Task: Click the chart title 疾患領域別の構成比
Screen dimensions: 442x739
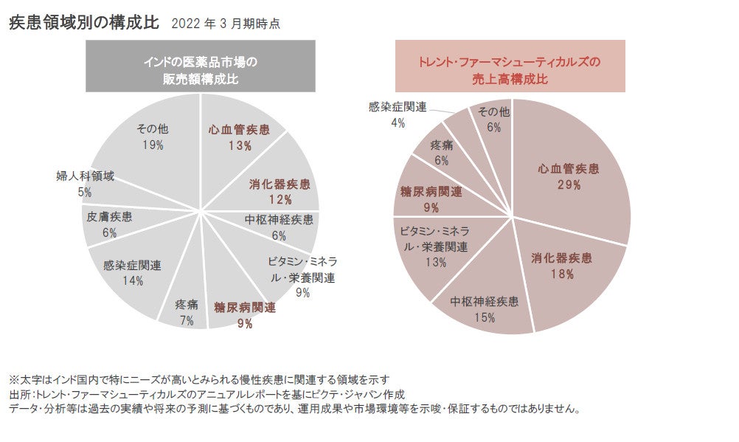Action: pos(83,22)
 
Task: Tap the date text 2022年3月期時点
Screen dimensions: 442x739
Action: pos(225,24)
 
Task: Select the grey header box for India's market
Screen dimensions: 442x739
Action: pos(201,66)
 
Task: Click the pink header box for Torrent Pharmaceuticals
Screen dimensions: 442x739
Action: pos(510,66)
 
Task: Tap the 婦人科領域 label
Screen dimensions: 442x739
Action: pos(85,177)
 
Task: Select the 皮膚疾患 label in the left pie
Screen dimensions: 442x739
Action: pos(109,217)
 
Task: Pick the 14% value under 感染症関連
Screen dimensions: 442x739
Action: pos(132,280)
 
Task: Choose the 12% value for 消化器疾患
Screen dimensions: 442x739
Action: pos(280,199)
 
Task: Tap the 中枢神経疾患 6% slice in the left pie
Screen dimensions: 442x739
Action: pos(279,227)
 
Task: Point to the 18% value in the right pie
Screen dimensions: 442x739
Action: pos(562,274)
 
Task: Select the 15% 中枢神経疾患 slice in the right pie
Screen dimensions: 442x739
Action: pos(484,310)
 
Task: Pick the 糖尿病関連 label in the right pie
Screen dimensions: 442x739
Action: pos(431,192)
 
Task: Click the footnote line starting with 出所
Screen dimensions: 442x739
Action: pos(207,395)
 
